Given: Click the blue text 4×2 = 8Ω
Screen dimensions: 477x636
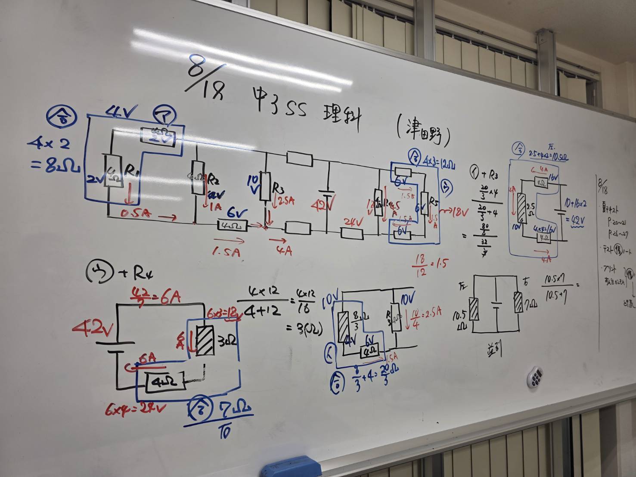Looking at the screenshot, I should pyautogui.click(x=53, y=155).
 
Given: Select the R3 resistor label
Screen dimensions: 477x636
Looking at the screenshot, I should pyautogui.click(x=278, y=188).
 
